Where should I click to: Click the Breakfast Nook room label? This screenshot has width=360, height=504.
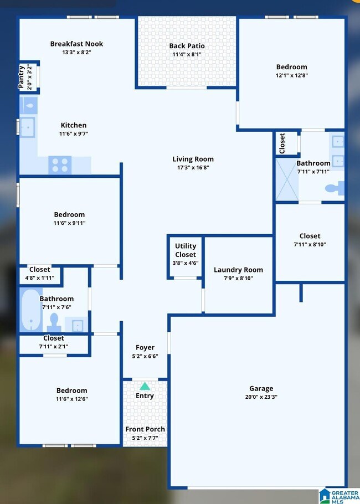pyautogui.click(x=76, y=44)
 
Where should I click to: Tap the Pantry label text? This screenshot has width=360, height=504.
pyautogui.click(x=22, y=77)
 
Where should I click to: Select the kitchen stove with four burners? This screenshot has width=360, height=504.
pyautogui.click(x=60, y=164)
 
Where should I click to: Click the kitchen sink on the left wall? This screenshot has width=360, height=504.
pyautogui.click(x=28, y=126)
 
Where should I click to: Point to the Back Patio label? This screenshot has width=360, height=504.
pyautogui.click(x=187, y=46)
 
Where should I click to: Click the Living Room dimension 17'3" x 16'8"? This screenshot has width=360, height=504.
pyautogui.click(x=193, y=167)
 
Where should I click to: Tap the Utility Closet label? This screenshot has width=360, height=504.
pyautogui.click(x=186, y=250)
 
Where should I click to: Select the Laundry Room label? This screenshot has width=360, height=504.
pyautogui.click(x=238, y=270)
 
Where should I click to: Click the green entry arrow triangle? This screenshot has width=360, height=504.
pyautogui.click(x=145, y=386)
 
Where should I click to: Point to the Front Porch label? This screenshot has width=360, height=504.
pyautogui.click(x=145, y=429)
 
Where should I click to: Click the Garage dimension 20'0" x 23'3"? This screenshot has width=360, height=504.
pyautogui.click(x=261, y=397)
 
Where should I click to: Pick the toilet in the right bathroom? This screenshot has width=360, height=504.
pyautogui.click(x=333, y=189)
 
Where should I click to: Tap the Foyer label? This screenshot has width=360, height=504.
pyautogui.click(x=145, y=348)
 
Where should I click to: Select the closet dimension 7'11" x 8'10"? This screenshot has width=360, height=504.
pyautogui.click(x=310, y=244)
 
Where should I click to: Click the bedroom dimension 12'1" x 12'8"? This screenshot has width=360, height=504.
pyautogui.click(x=291, y=75)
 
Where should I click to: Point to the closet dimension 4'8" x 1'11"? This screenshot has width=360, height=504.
pyautogui.click(x=39, y=278)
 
